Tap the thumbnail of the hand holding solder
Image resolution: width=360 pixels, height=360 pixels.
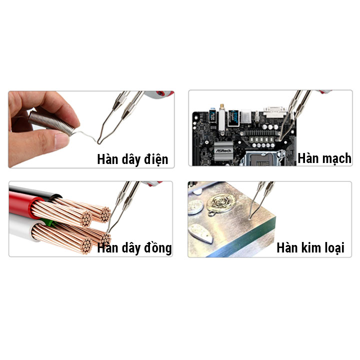(90, 129)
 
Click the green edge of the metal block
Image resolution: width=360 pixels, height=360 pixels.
(255, 247)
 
